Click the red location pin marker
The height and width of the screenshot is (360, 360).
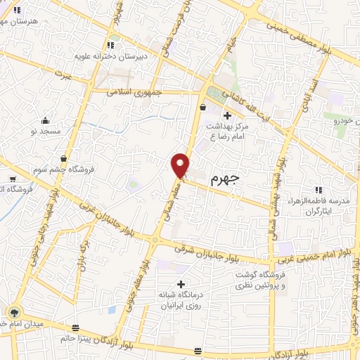coord(181,165)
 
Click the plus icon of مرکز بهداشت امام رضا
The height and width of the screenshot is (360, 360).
coord(226,115)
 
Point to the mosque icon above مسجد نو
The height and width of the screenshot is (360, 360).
coord(46,120)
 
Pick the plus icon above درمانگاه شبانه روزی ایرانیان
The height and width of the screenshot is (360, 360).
coord(181,283)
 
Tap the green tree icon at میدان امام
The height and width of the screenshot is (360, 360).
coord(13,311)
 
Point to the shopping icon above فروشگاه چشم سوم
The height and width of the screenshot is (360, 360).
coord(64,159)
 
